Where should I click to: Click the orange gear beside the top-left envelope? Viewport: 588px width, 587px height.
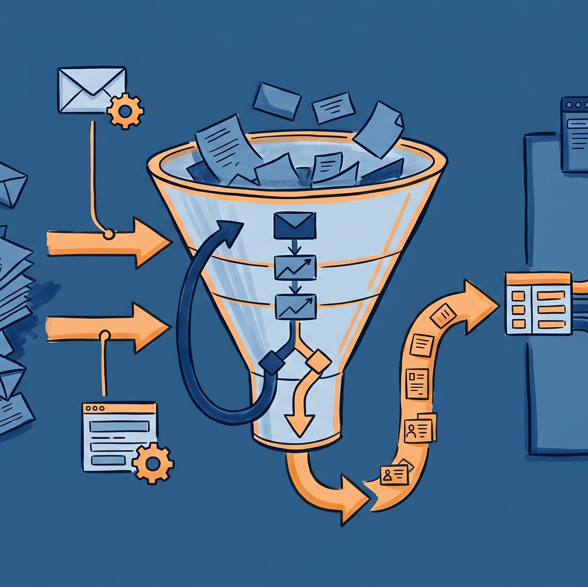pyautogui.click(x=125, y=110)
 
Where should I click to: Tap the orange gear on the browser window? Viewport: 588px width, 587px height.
pyautogui.click(x=152, y=464)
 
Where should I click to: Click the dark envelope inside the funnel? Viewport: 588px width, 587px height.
pyautogui.click(x=295, y=225)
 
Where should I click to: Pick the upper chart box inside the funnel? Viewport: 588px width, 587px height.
pyautogui.click(x=295, y=268)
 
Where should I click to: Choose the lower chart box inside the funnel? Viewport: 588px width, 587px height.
pyautogui.click(x=296, y=306)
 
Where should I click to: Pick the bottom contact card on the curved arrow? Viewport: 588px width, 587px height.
pyautogui.click(x=394, y=475)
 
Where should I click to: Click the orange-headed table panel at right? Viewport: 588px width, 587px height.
pyautogui.click(x=539, y=303)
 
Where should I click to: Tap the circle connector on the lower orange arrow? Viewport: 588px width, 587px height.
pyautogui.click(x=104, y=336)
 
